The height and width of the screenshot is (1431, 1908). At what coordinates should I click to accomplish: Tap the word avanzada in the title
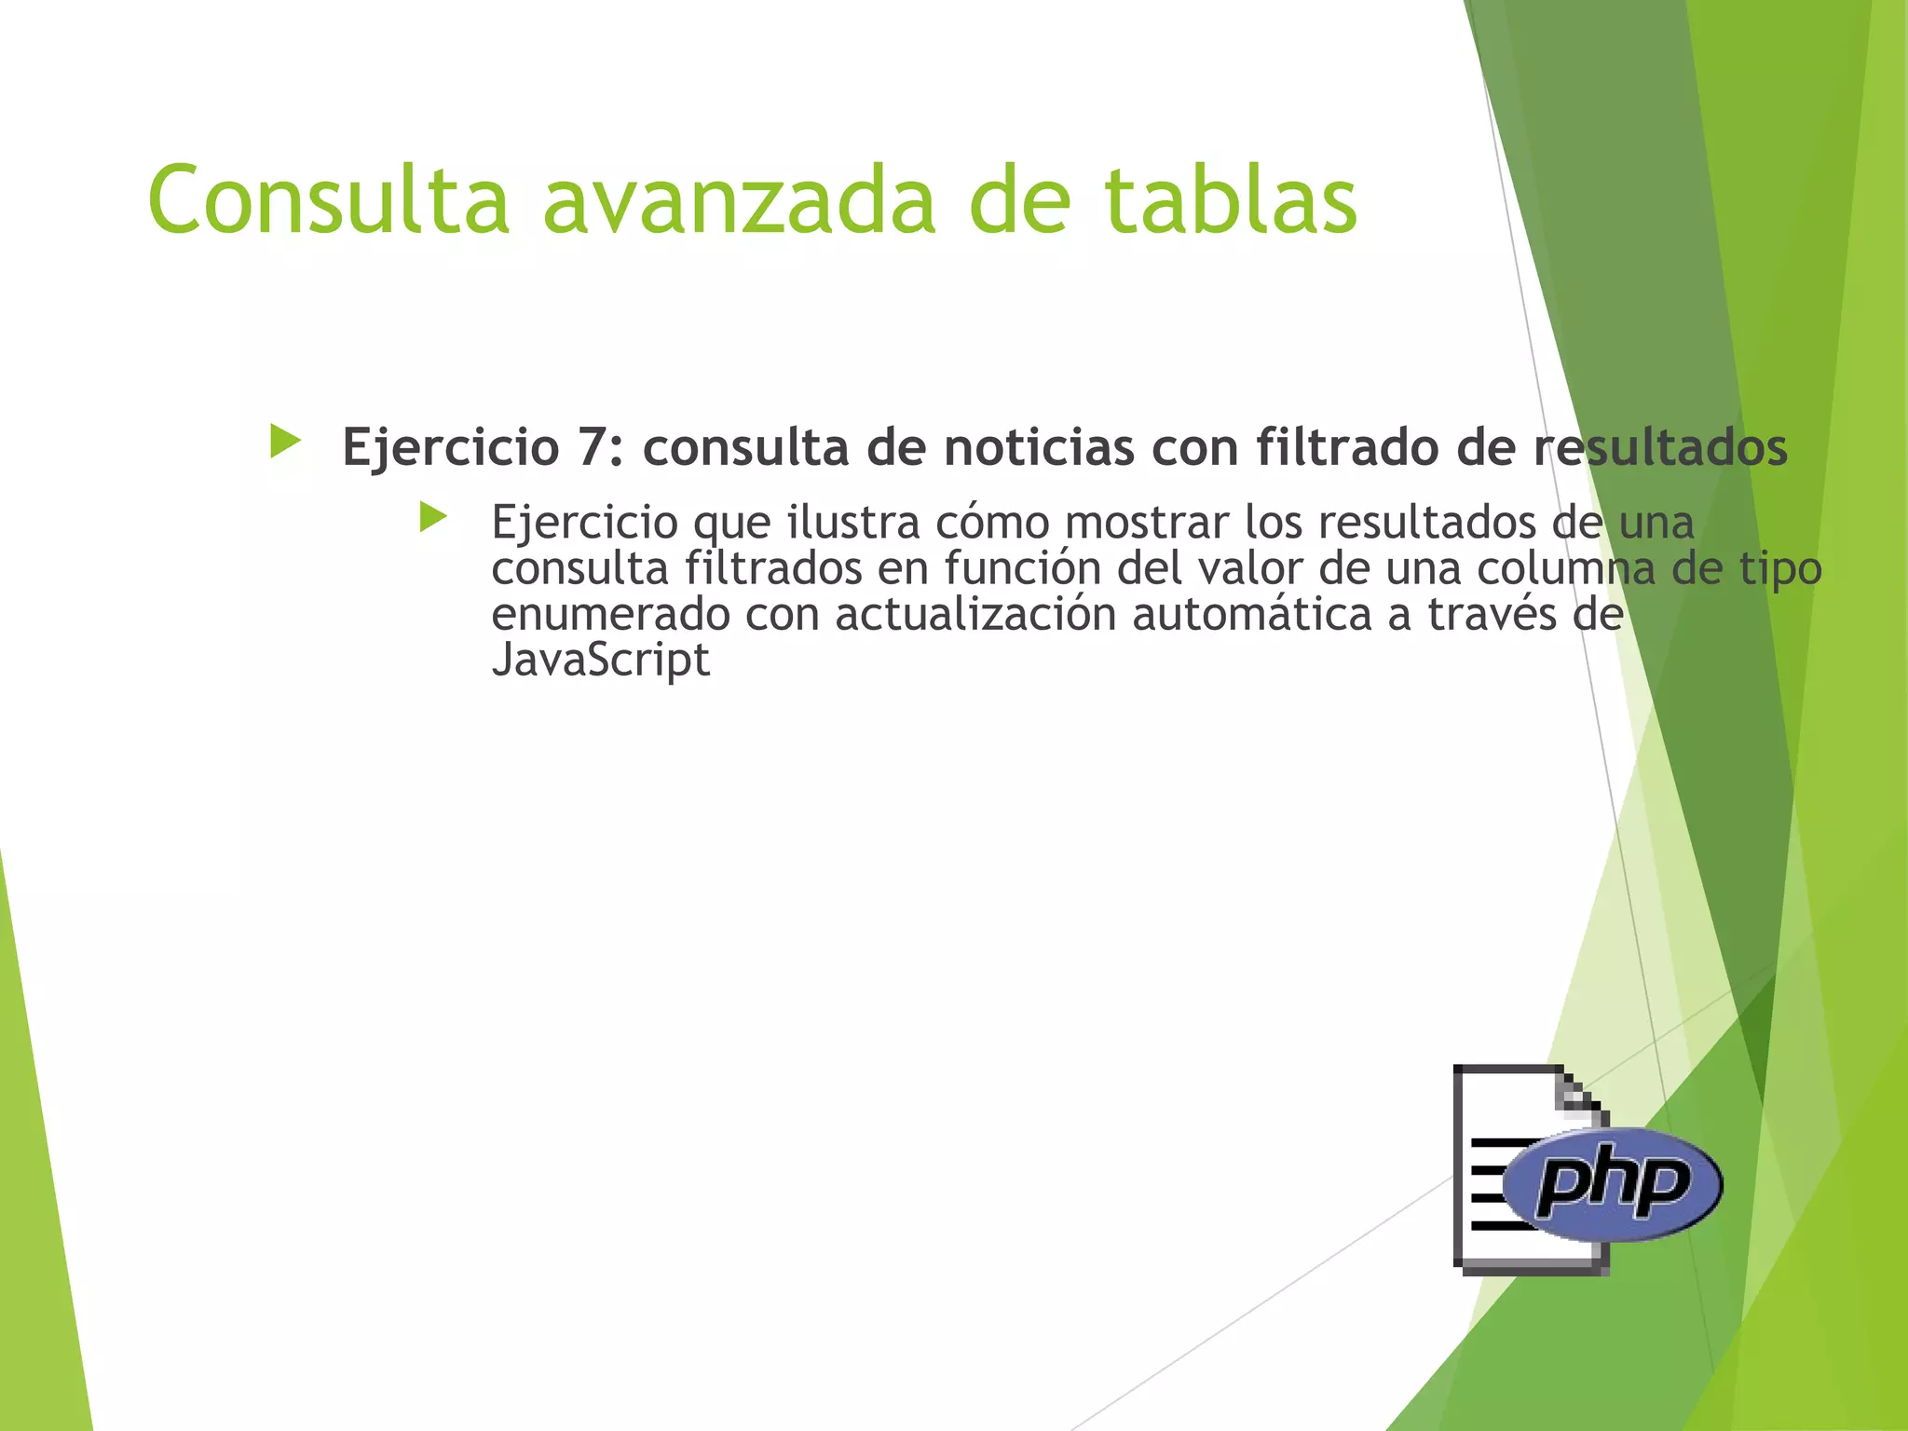click(739, 199)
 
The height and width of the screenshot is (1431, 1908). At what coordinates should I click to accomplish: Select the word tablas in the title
click(1231, 199)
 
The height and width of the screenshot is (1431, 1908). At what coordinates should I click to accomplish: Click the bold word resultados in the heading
click(1660, 447)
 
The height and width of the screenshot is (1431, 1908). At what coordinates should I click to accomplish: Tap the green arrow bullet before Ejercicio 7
click(285, 442)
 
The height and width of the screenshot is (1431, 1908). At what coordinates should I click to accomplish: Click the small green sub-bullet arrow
click(433, 517)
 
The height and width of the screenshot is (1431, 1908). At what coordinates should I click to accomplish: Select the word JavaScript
click(601, 661)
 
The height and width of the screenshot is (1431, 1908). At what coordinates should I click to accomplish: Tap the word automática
click(1252, 615)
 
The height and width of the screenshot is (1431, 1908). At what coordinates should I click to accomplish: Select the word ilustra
click(853, 522)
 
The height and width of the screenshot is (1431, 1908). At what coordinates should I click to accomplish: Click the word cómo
click(992, 522)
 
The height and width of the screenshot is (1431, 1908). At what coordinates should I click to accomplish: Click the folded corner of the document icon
click(1584, 1096)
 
